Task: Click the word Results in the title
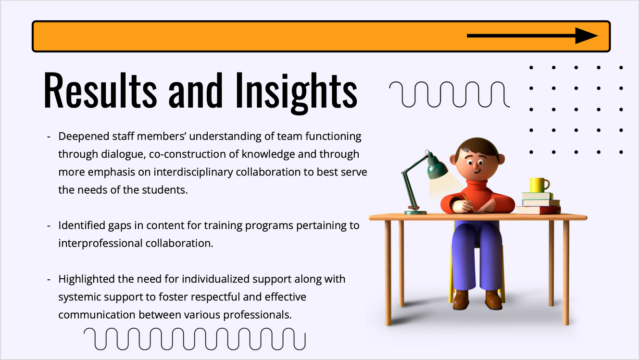coord(100,90)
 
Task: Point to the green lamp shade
coord(436,167)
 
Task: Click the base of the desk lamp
coord(415,212)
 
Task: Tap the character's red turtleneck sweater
coord(477,197)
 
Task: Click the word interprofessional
coord(100,244)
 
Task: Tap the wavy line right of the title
coord(450,94)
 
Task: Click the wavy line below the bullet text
coord(195,339)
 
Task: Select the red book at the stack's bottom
coord(539,210)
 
